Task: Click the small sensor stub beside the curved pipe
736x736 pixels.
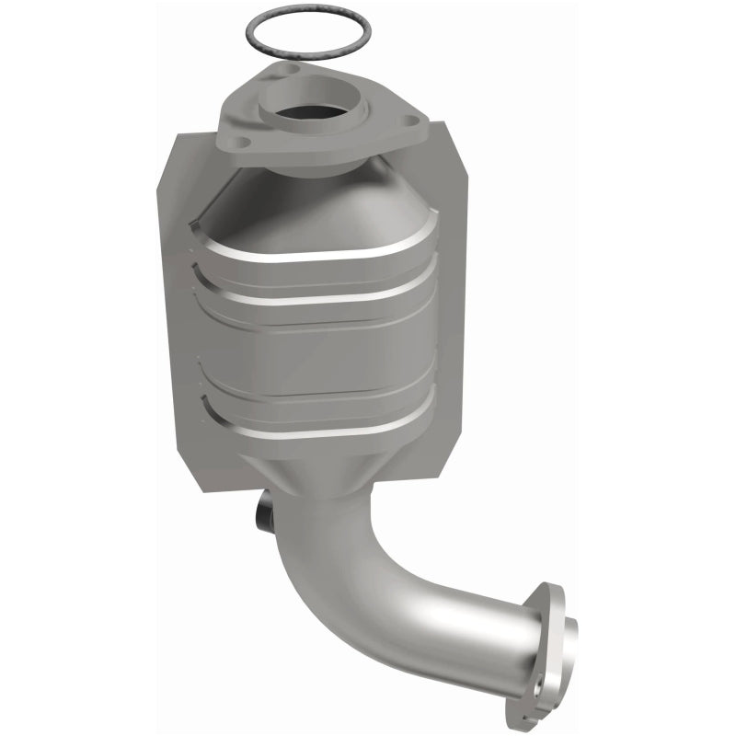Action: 264,510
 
